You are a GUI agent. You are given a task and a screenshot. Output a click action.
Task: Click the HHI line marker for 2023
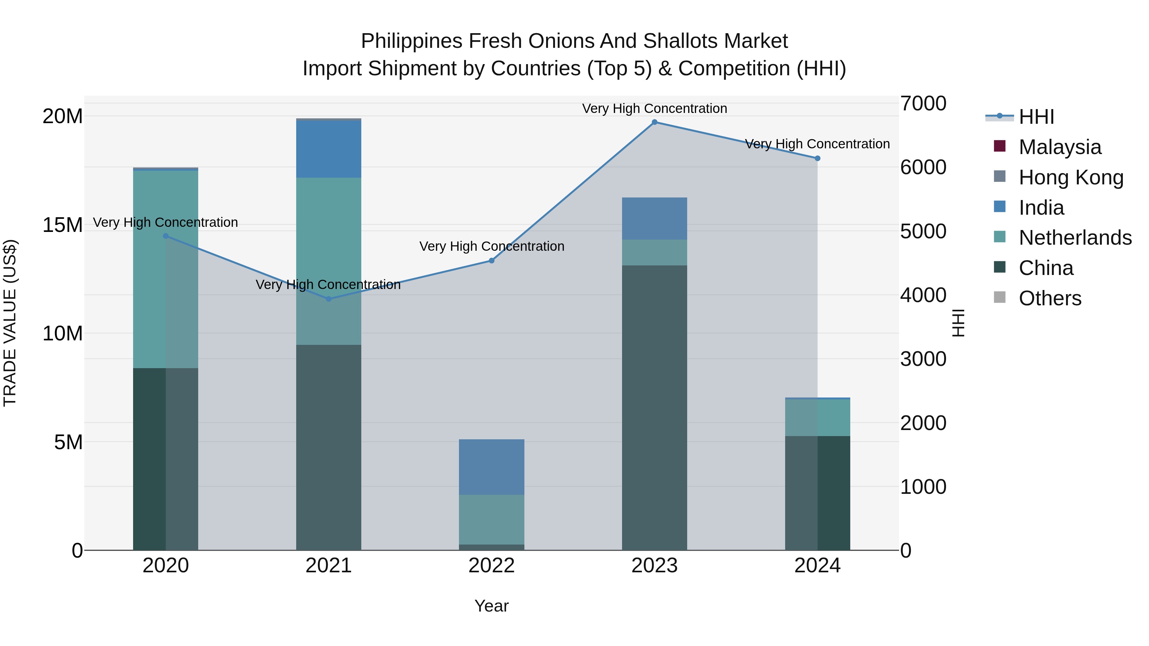pos(654,122)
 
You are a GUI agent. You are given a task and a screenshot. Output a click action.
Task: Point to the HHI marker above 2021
pos(329,299)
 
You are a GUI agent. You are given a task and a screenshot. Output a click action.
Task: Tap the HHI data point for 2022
pos(492,261)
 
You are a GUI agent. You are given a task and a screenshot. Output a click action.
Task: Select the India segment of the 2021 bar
pos(329,149)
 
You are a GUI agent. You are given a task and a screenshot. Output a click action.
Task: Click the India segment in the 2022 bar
pos(492,467)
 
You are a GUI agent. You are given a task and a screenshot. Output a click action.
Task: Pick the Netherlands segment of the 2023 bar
pos(654,252)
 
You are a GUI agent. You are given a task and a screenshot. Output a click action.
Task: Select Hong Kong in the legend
pos(1070,177)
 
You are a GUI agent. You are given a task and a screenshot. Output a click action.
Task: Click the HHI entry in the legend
pos(1036,117)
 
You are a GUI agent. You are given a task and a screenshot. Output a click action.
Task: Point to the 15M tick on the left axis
pos(63,225)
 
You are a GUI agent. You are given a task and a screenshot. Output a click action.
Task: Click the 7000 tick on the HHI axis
pos(923,103)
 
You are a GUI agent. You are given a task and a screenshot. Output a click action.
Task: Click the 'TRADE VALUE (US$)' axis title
pos(10,323)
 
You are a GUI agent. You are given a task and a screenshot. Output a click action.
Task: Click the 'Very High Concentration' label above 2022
pos(492,247)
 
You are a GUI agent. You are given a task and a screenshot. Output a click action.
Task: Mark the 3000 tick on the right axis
pos(923,359)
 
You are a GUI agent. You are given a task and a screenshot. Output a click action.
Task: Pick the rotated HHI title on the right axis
pos(958,323)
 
